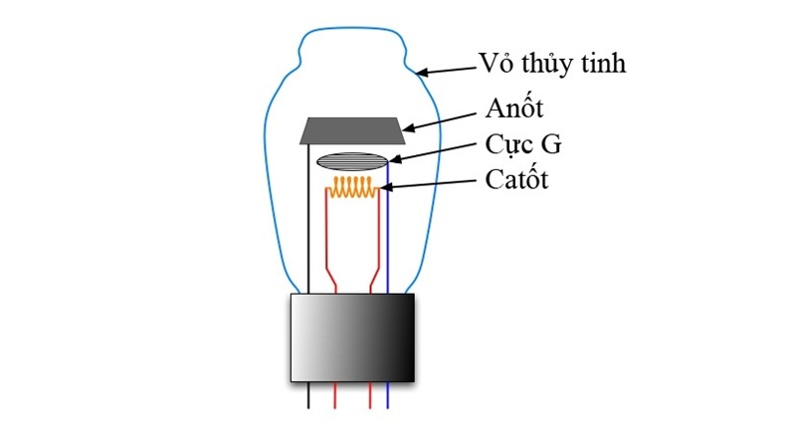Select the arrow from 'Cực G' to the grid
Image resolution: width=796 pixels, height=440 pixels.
pyautogui.click(x=435, y=152)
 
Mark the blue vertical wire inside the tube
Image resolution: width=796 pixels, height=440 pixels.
pyautogui.click(x=387, y=239)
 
